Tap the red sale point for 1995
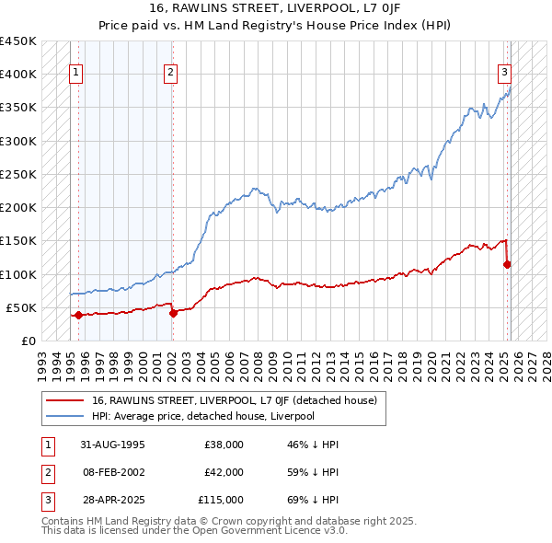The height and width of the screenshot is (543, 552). (x=78, y=315)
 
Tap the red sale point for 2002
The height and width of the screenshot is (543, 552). (x=173, y=313)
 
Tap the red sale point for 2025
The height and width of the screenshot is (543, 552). (x=507, y=264)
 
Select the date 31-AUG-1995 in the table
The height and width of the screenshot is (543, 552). (x=113, y=445)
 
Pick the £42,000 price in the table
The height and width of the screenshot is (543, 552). (x=224, y=472)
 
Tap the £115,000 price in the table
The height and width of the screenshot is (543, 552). (x=221, y=500)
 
